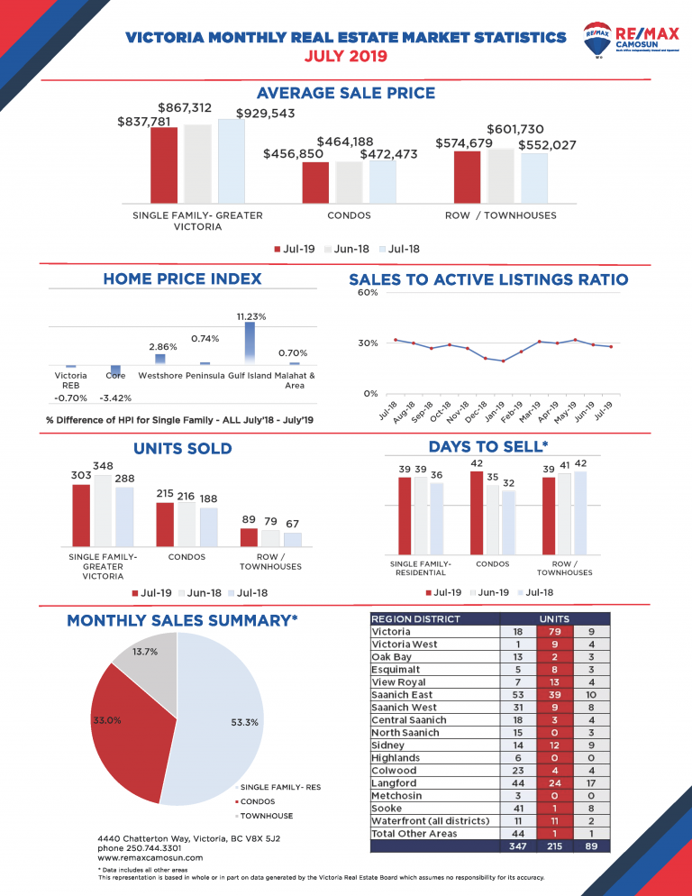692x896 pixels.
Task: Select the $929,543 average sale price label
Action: (x=266, y=114)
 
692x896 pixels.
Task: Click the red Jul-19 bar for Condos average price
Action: (x=315, y=182)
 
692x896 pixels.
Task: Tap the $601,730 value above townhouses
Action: (x=514, y=130)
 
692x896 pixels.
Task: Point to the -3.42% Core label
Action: (x=114, y=398)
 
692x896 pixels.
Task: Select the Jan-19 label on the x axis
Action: (x=494, y=412)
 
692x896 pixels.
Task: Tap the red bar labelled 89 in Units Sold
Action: (x=249, y=537)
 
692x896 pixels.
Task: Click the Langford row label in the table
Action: (x=395, y=783)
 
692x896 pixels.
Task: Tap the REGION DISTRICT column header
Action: (x=416, y=619)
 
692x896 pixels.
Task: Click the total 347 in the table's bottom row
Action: (x=516, y=846)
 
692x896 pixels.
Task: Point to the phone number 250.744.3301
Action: (x=141, y=848)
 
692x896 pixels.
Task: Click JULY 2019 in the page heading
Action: (x=346, y=56)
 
